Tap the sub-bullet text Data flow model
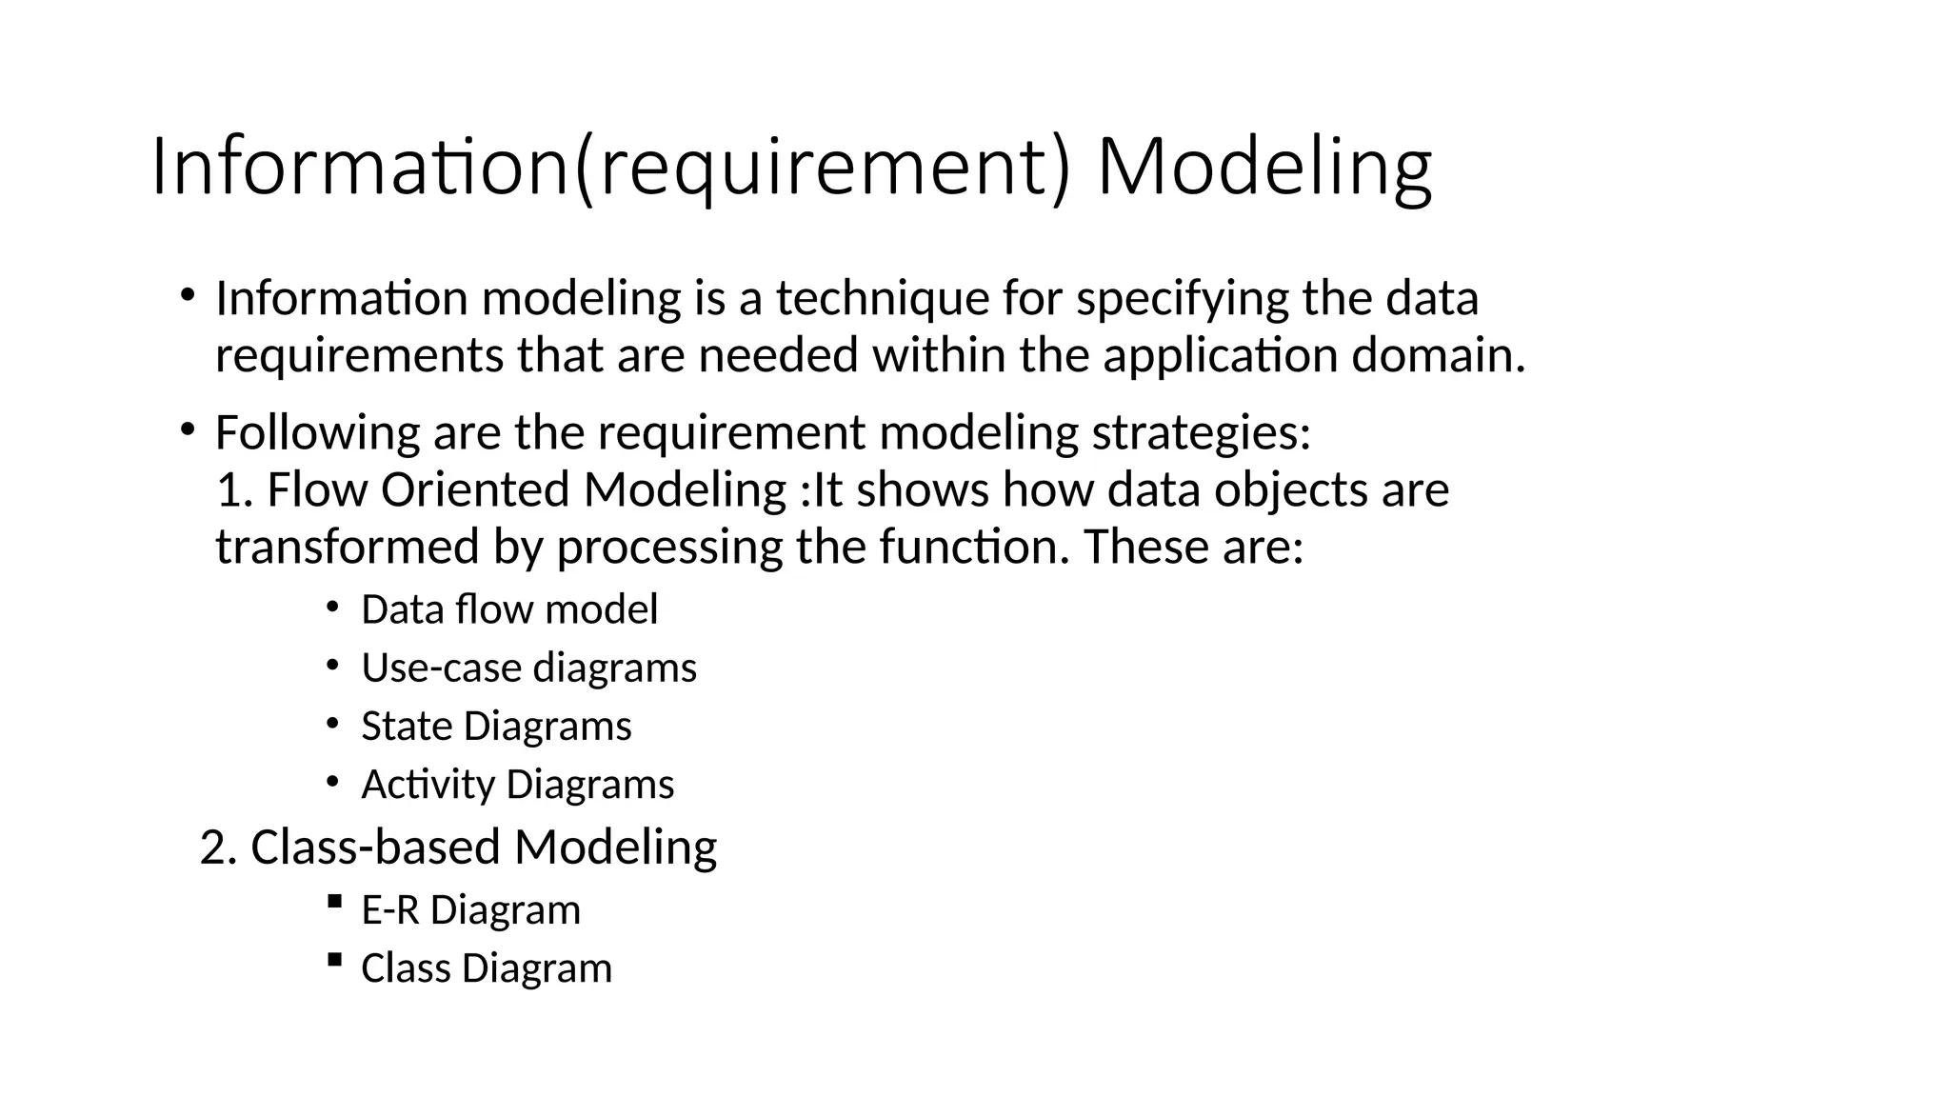(x=509, y=609)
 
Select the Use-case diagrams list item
(x=528, y=668)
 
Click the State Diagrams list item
(x=496, y=727)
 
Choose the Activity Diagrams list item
(x=517, y=785)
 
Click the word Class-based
(x=375, y=848)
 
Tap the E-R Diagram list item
(x=470, y=910)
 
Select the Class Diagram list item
(x=486, y=968)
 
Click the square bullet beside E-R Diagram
(x=333, y=901)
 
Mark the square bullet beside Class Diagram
(x=333, y=959)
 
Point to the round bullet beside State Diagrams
(x=331, y=724)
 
